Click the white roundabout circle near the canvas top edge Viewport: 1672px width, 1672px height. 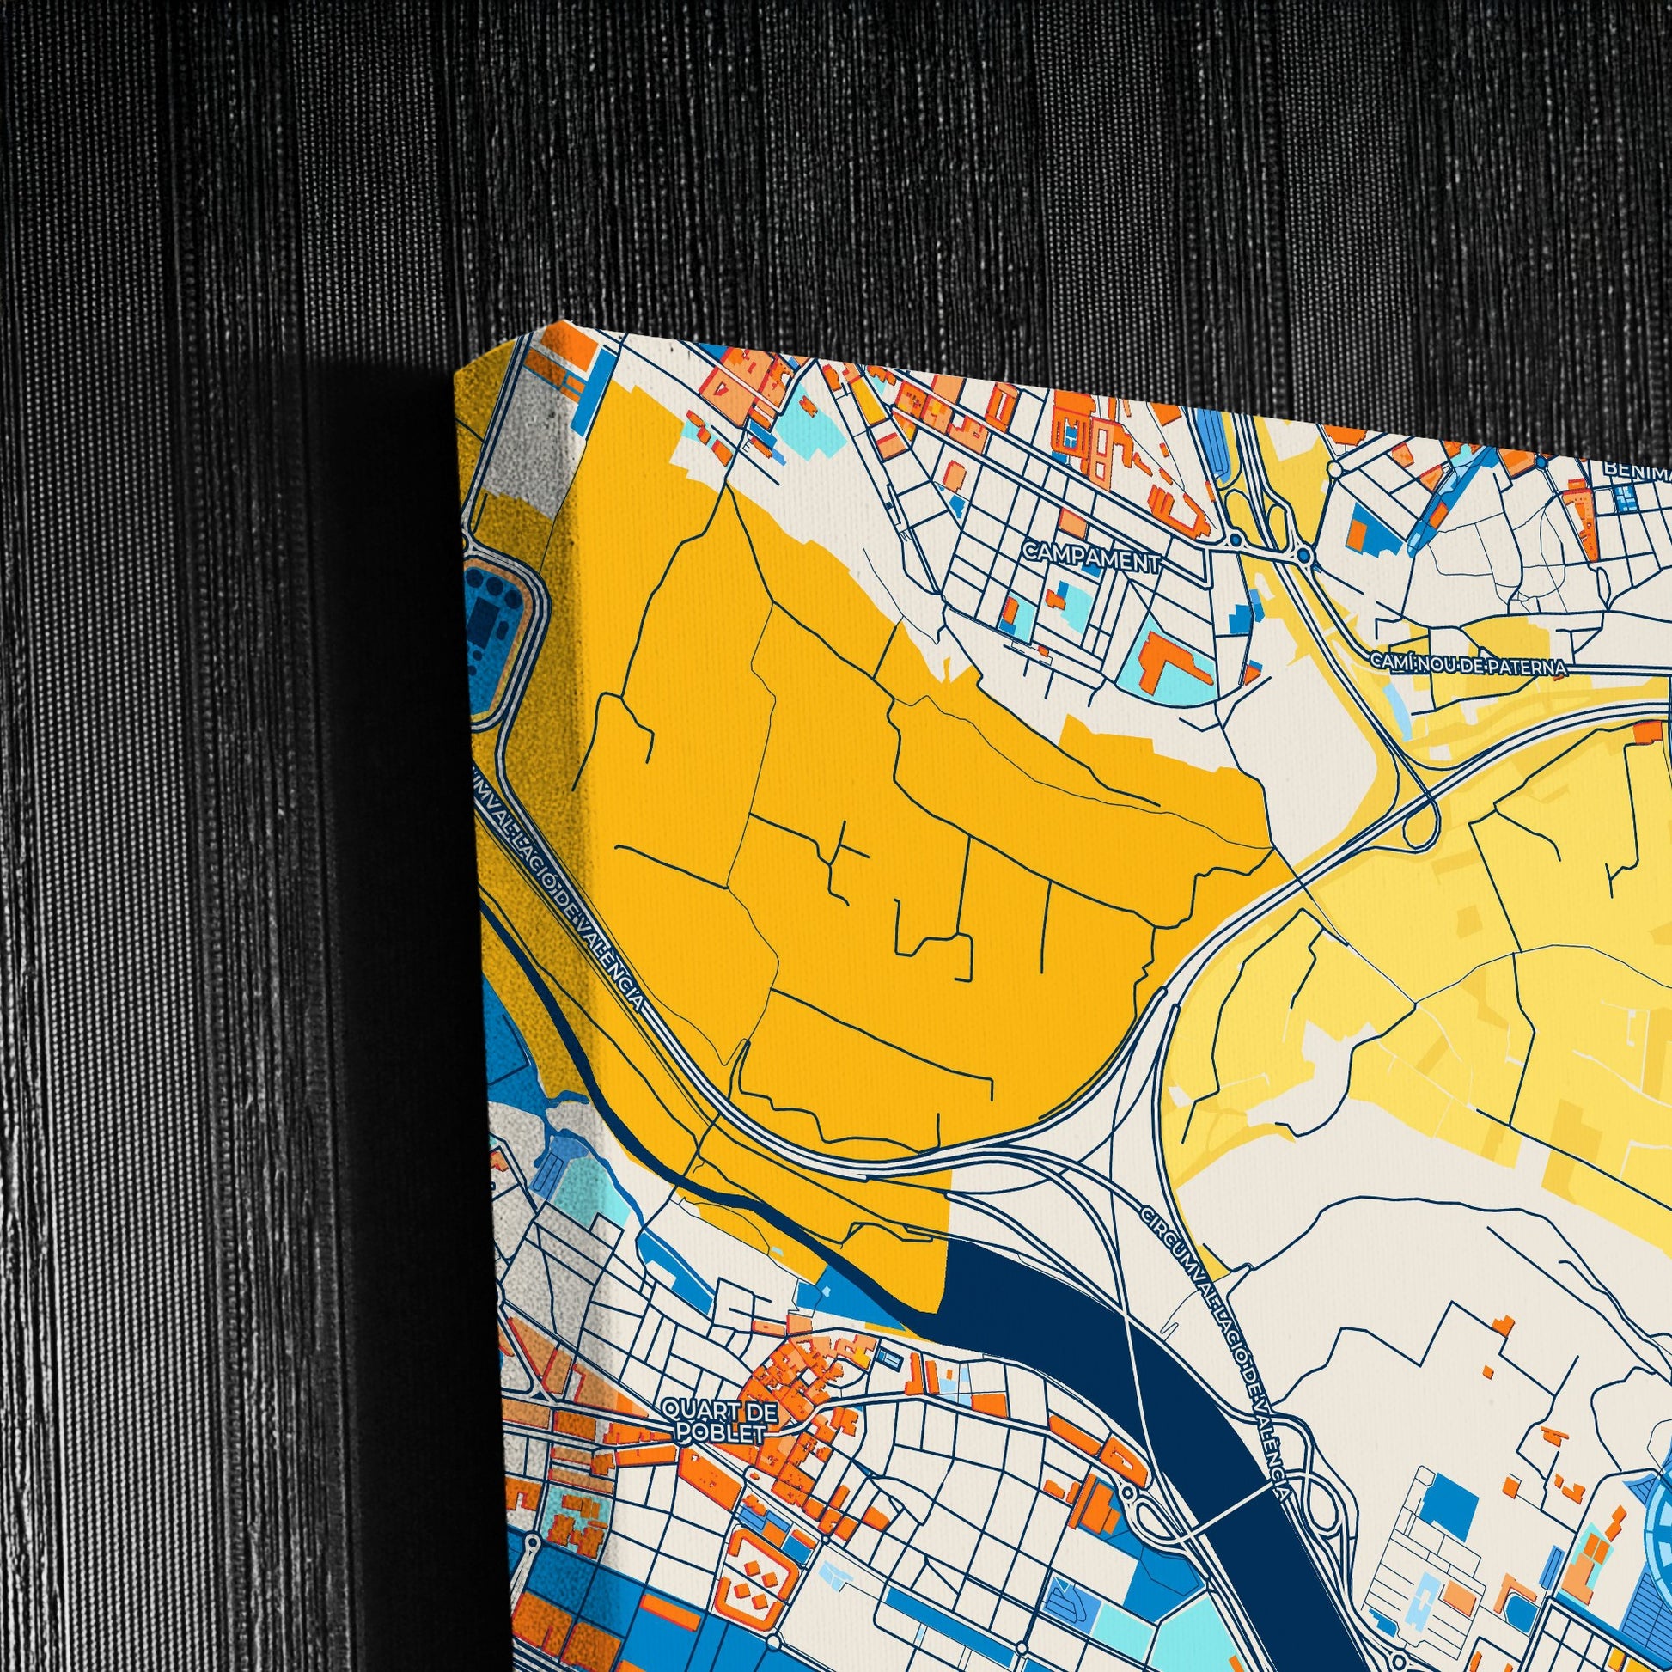(1335, 469)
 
